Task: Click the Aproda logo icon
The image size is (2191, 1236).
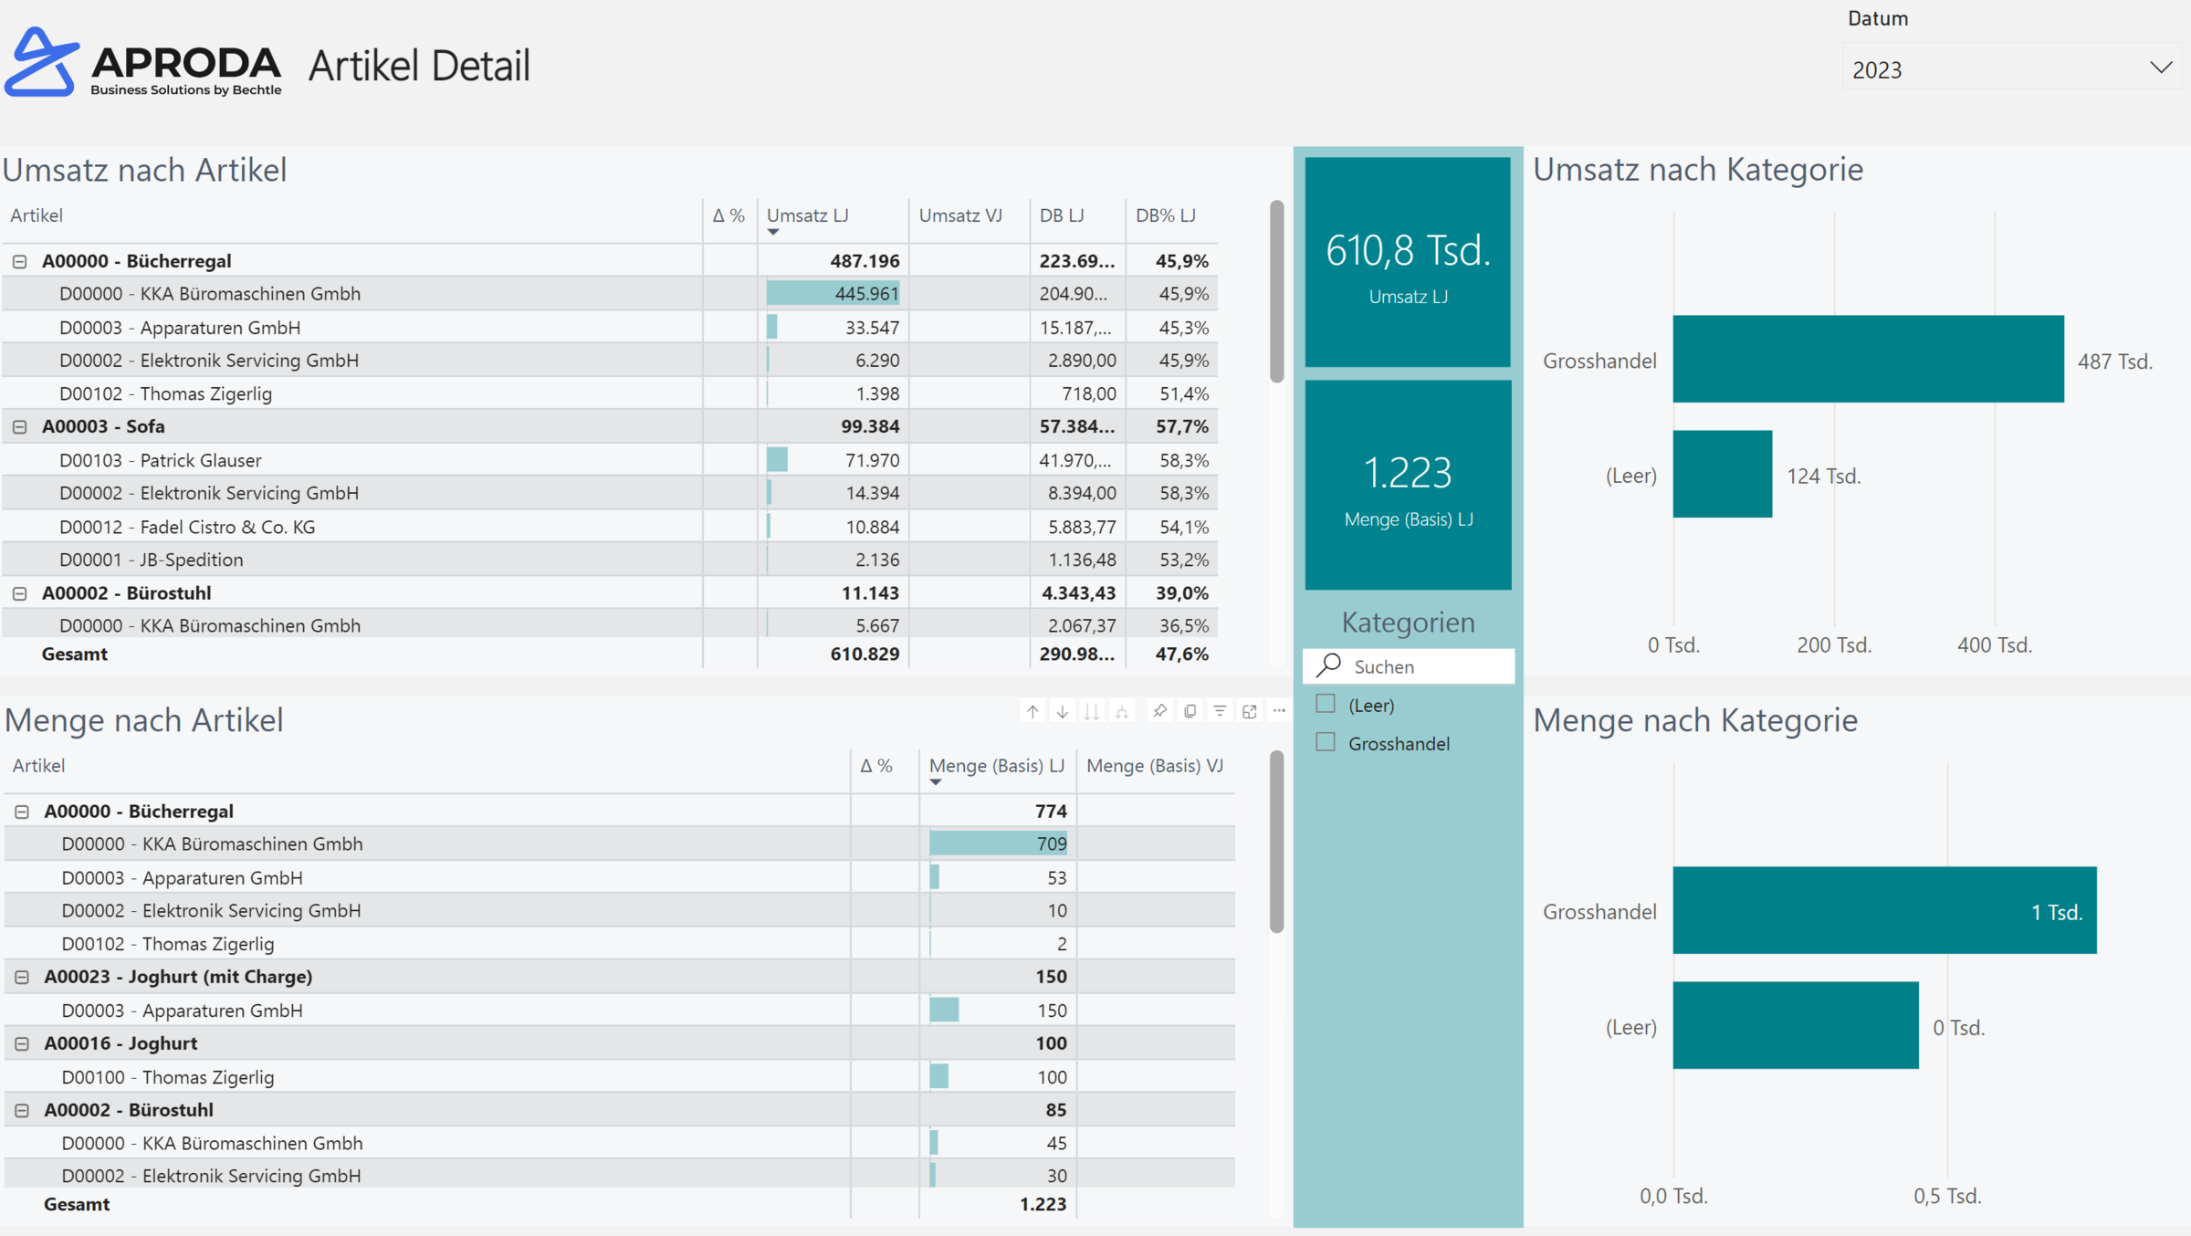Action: coord(41,62)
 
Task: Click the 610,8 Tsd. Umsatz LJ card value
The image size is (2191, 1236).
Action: coord(1408,250)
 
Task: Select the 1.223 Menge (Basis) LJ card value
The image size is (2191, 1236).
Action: coord(1408,473)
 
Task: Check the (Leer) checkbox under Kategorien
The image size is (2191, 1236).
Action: coord(1326,704)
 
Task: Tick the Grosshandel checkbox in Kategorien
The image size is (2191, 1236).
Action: coord(1326,742)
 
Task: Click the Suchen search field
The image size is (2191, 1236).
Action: coord(1424,666)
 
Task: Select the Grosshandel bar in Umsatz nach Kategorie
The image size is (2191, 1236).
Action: coord(1867,359)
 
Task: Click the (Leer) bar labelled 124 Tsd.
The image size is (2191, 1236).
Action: coord(1722,474)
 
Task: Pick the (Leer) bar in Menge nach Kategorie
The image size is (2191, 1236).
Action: coord(1795,1025)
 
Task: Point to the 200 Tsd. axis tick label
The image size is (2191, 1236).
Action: coord(1833,645)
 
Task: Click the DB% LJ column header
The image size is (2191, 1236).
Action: coord(1165,215)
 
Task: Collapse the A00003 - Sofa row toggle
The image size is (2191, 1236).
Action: coord(20,426)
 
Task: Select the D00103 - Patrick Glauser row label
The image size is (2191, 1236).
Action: coord(161,460)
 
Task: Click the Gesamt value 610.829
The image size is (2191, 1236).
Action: coord(864,654)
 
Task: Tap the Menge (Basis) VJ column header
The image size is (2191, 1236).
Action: coord(1154,766)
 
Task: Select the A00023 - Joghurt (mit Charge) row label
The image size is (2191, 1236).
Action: coord(178,977)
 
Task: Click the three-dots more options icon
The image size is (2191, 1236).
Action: coord(1279,711)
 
